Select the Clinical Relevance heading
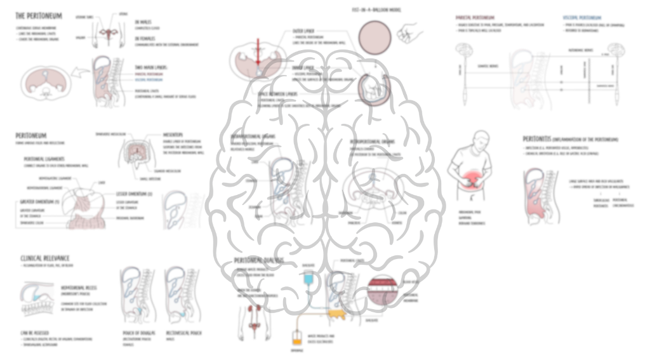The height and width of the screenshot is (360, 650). pos(45,258)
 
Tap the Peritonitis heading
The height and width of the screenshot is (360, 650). pos(540,138)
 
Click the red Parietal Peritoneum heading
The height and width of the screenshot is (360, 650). pos(476,17)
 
